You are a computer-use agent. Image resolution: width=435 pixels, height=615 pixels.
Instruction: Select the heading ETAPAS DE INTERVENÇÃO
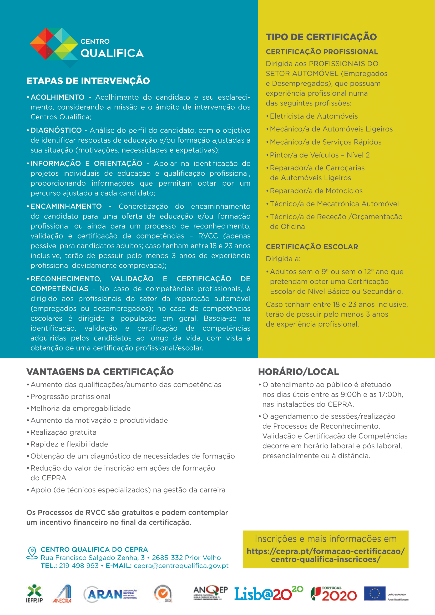click(x=88, y=81)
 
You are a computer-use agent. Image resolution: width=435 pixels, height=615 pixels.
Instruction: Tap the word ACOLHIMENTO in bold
click(x=58, y=97)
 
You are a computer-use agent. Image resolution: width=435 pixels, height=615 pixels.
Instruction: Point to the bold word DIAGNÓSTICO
click(x=56, y=130)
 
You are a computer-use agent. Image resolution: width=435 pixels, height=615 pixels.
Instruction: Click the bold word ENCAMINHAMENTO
click(x=66, y=206)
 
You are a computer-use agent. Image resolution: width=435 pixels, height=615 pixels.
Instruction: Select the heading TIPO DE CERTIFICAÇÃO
click(x=321, y=37)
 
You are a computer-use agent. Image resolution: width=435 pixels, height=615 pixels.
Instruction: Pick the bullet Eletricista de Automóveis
click(x=314, y=116)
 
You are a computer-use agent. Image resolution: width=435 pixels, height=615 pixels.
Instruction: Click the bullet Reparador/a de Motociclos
click(x=316, y=191)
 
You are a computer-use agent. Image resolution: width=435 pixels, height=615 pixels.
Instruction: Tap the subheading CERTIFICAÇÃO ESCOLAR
click(x=312, y=247)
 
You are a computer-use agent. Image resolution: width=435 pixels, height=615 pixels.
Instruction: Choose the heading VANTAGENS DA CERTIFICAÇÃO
click(x=100, y=372)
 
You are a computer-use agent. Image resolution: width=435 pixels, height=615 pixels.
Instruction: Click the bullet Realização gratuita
click(x=63, y=433)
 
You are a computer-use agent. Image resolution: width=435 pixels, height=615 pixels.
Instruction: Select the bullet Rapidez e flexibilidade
click(x=69, y=444)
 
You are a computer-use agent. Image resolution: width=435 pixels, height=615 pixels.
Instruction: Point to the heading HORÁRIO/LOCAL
click(x=299, y=372)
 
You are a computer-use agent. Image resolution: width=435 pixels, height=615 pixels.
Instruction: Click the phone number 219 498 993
click(x=79, y=566)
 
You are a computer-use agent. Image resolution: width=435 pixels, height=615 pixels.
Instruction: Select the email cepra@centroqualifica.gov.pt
click(x=181, y=566)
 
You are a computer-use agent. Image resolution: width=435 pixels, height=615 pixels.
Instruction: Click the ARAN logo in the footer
click(x=110, y=594)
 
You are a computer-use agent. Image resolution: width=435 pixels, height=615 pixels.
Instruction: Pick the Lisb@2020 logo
click(x=269, y=594)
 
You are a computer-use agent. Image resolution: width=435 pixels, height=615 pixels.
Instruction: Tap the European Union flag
click(x=375, y=594)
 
